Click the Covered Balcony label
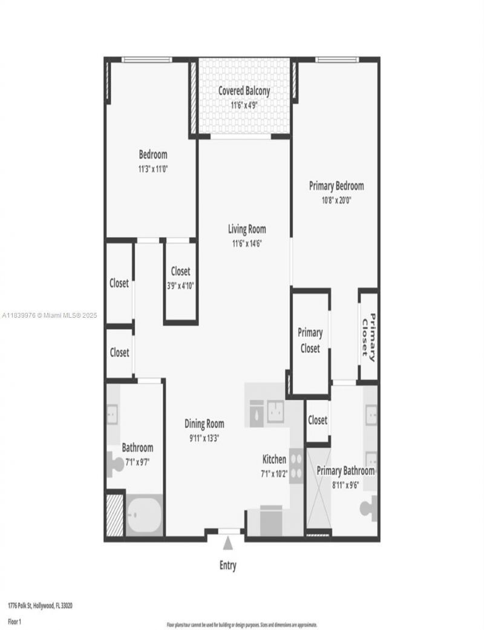pos(244,91)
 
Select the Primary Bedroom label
pos(336,186)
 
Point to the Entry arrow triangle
pos(228,543)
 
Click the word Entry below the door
pos(228,566)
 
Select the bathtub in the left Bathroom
pos(143,515)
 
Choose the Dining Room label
pos(204,424)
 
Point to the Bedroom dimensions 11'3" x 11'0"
pos(152,169)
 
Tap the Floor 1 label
pos(15,621)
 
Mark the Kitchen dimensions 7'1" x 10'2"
pos(273,474)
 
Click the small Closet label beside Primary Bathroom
pos(317,420)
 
